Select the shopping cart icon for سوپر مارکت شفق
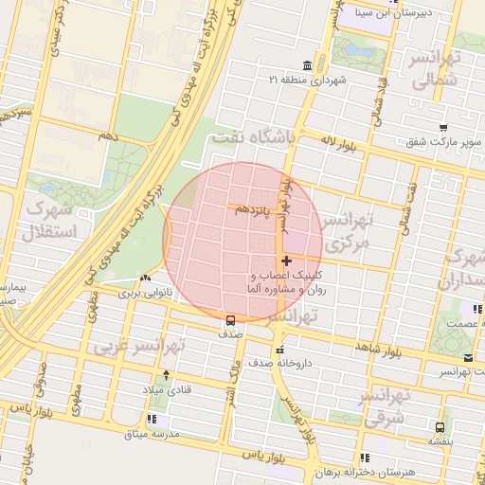point(443,127)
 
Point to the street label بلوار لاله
point(342,142)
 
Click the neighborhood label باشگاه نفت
point(256,138)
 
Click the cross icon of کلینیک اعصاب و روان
point(286,260)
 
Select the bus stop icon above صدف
point(230,319)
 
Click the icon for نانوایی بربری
point(144,278)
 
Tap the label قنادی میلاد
point(166,390)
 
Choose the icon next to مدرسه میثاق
point(152,418)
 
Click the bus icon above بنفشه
point(439,427)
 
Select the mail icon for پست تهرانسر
point(469,357)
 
